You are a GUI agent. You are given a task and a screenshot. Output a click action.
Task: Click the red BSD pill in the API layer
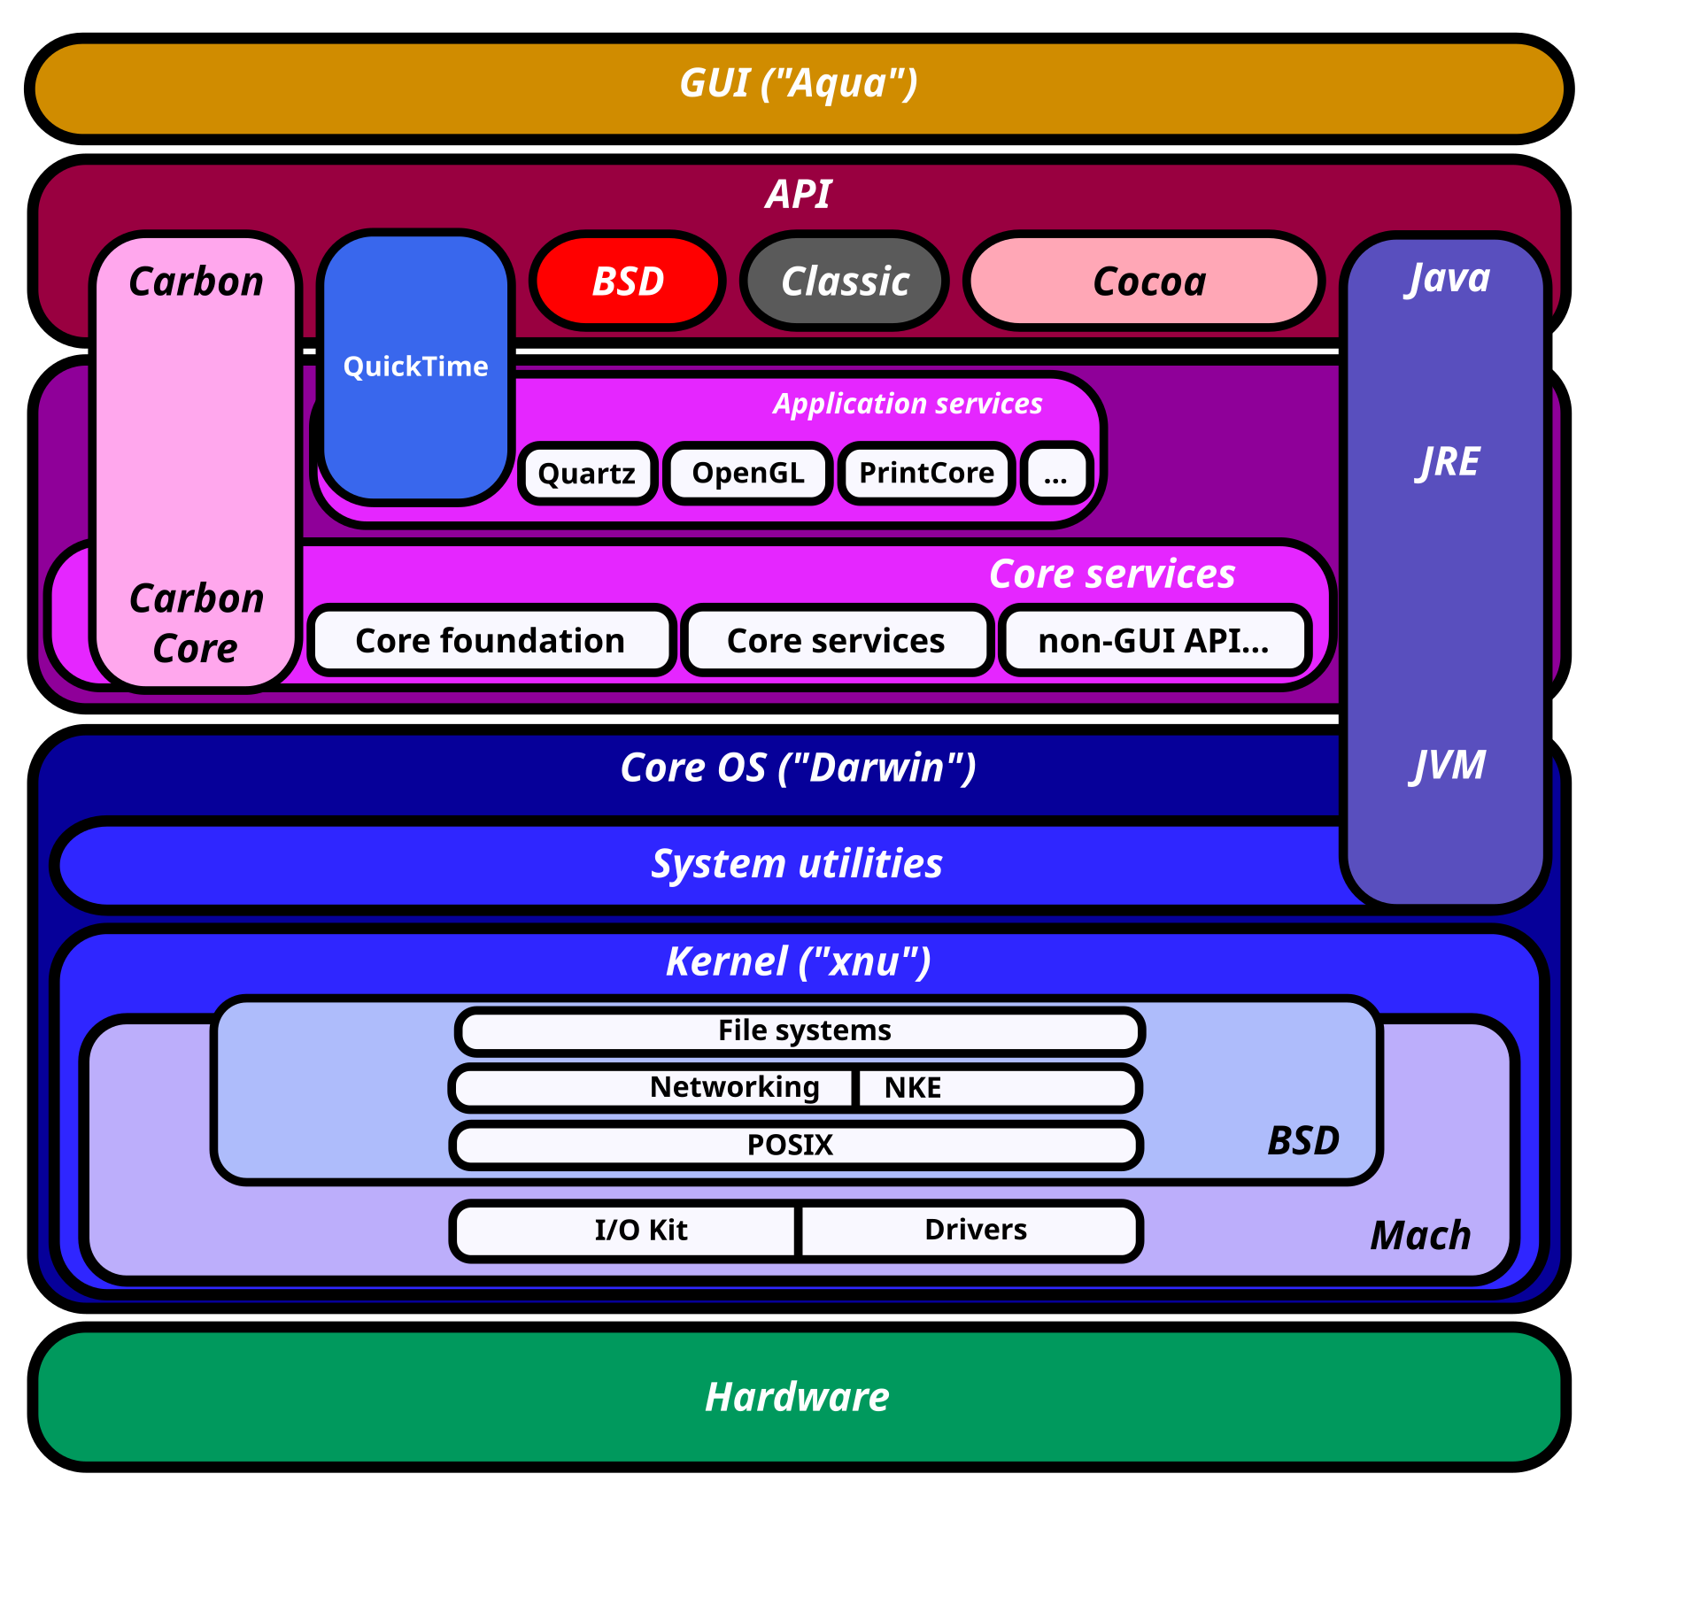coord(628,282)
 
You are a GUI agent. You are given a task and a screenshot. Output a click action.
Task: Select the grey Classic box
coord(845,282)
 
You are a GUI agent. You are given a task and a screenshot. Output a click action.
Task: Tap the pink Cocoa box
coord(1147,282)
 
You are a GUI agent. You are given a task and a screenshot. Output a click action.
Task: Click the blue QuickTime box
coord(416,367)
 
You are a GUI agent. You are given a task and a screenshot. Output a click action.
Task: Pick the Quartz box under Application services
coord(587,474)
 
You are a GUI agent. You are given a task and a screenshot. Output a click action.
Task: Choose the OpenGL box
coord(748,474)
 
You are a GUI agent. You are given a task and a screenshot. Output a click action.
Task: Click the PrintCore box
coord(926,474)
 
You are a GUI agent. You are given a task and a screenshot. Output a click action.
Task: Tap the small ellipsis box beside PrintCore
coord(1056,475)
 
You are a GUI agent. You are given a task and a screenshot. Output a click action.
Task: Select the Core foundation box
coord(491,641)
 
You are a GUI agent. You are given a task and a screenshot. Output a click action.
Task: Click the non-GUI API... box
coord(1154,641)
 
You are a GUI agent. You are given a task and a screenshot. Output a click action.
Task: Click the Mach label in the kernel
coord(1420,1236)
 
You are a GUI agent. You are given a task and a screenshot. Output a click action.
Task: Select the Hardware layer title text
coord(797,1398)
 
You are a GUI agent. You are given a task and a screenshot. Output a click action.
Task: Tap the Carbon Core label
coord(197,623)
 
